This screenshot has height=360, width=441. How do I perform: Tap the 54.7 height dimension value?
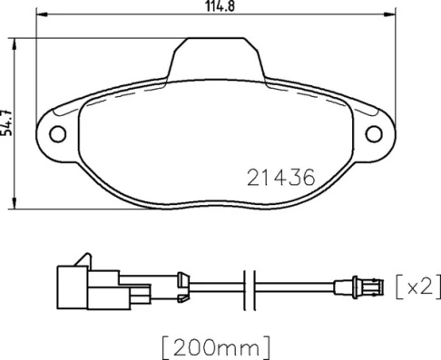7,121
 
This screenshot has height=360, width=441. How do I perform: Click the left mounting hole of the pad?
58,134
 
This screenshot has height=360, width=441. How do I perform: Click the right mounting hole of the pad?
372,134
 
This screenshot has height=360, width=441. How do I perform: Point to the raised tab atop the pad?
214,57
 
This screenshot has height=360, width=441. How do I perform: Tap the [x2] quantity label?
419,287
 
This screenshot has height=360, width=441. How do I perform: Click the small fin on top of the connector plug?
83,258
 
